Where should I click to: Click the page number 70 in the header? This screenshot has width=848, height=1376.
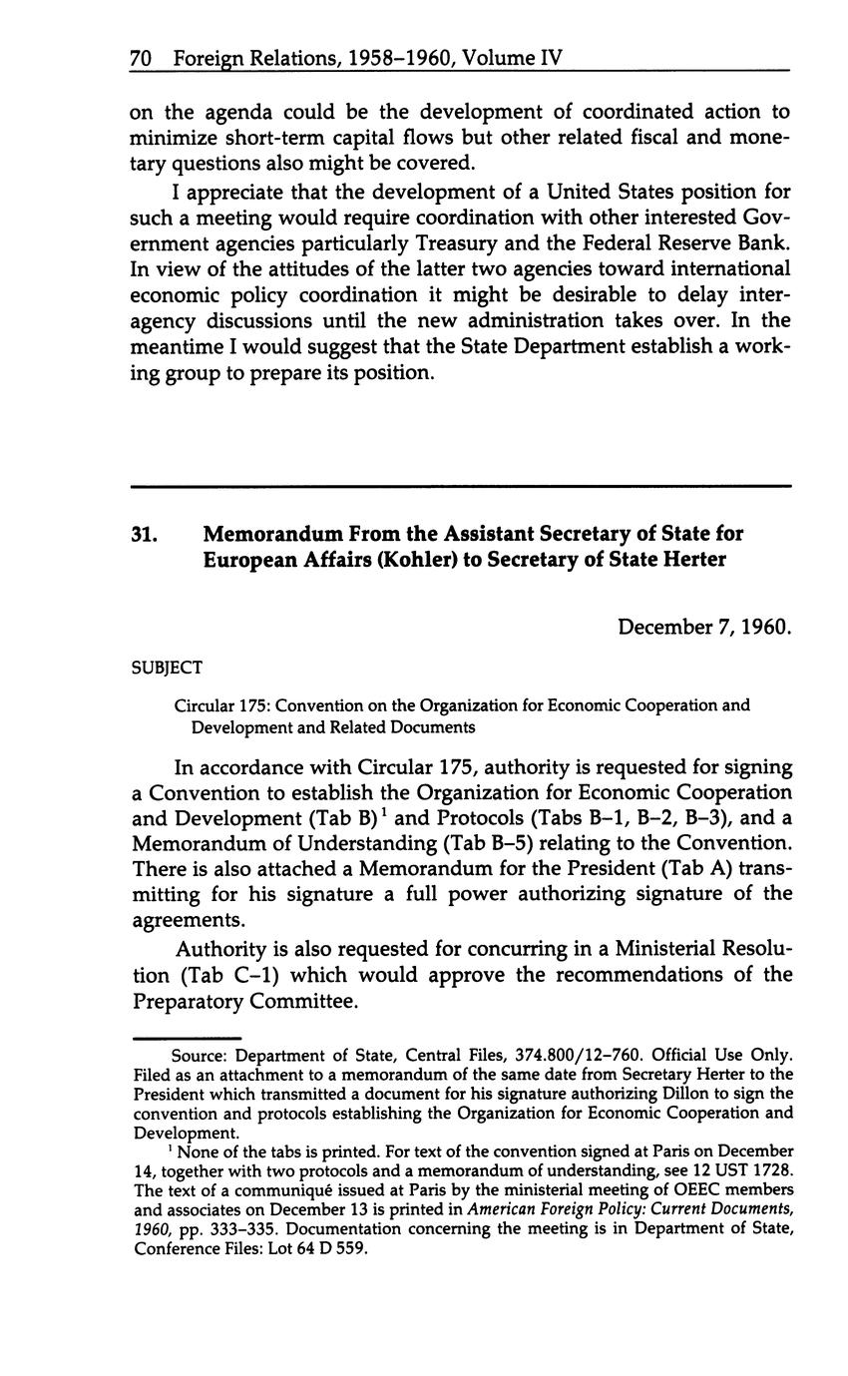pyautogui.click(x=140, y=59)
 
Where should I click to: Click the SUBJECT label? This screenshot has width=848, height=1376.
pyautogui.click(x=167, y=668)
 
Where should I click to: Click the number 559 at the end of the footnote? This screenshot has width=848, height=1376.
pyautogui.click(x=349, y=1246)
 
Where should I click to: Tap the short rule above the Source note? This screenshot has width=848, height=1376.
pyautogui.click(x=187, y=1037)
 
